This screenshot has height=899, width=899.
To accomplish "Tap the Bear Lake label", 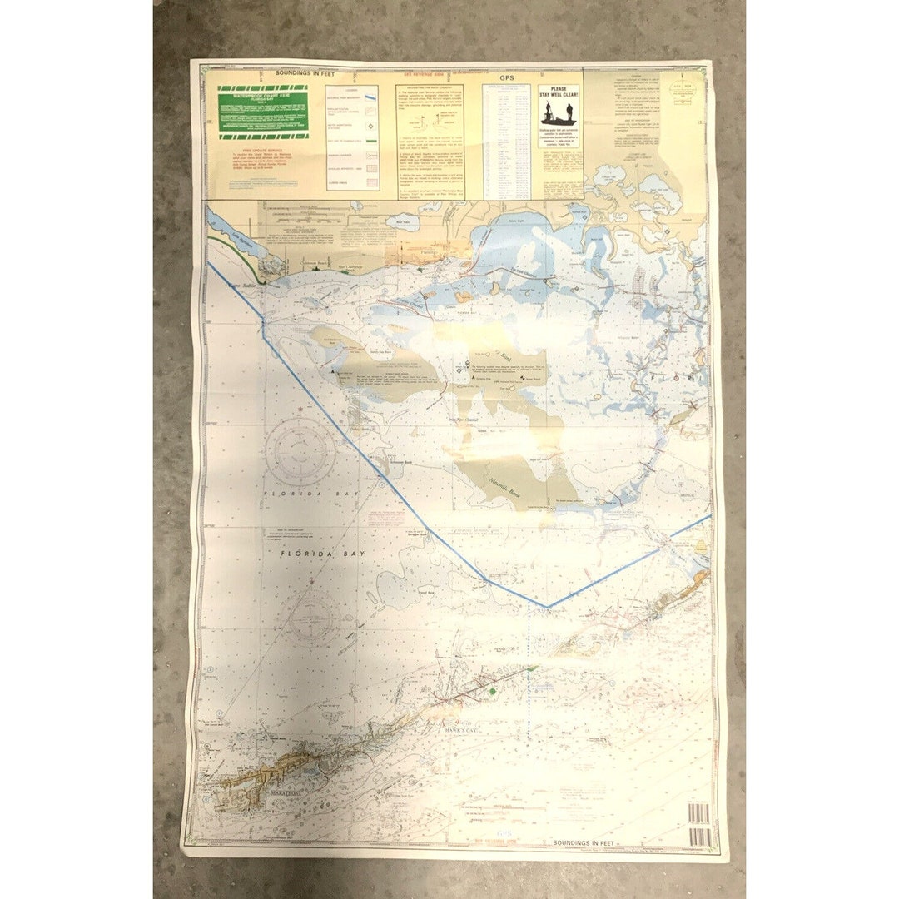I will click(x=404, y=222).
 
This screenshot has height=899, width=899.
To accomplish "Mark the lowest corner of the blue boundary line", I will click(x=547, y=608).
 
